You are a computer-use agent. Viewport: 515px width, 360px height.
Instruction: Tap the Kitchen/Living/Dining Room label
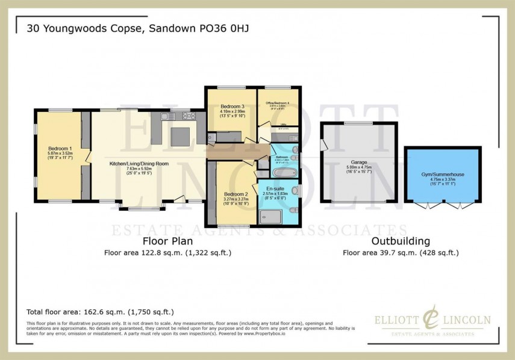click(x=139, y=163)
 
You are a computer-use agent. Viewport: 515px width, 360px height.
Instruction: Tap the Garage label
click(x=359, y=162)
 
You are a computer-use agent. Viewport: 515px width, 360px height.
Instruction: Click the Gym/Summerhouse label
click(x=442, y=175)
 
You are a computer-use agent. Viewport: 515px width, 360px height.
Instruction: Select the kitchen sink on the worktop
click(x=168, y=116)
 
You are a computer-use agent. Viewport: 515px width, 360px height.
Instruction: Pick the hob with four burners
click(x=187, y=116)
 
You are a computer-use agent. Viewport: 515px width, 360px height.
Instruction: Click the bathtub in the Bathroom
click(x=281, y=173)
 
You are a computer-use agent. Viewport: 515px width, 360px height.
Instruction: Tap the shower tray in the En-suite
click(x=267, y=217)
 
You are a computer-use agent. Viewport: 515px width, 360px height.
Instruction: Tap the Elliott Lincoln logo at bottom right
click(x=431, y=322)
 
